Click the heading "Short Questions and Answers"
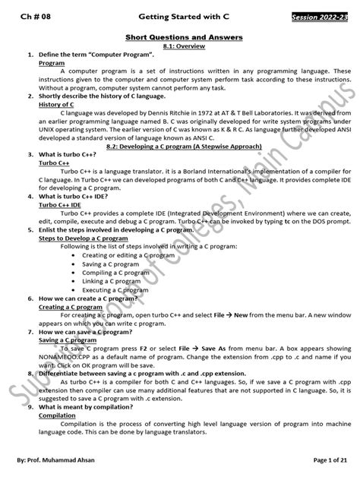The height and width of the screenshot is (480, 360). coord(179,37)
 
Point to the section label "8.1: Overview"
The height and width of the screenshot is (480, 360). coord(179,46)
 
